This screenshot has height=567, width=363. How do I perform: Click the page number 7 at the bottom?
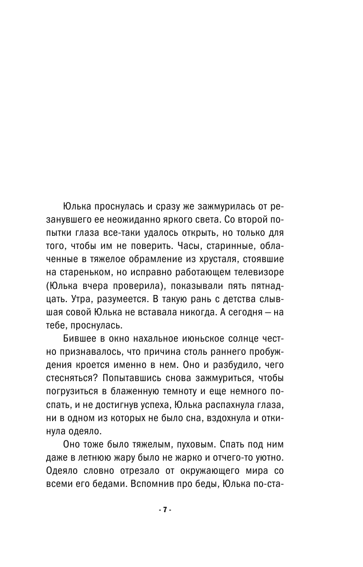tap(164, 509)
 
